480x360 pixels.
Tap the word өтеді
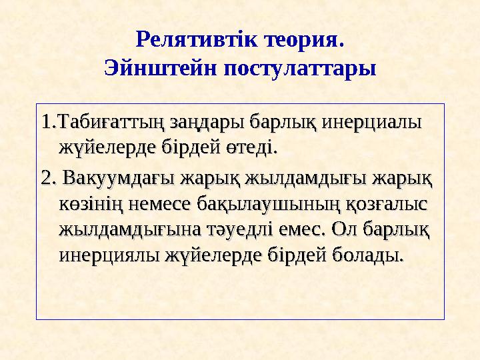[251, 146]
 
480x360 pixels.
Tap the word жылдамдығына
[119, 230]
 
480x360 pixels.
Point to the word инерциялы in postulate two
[108, 255]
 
